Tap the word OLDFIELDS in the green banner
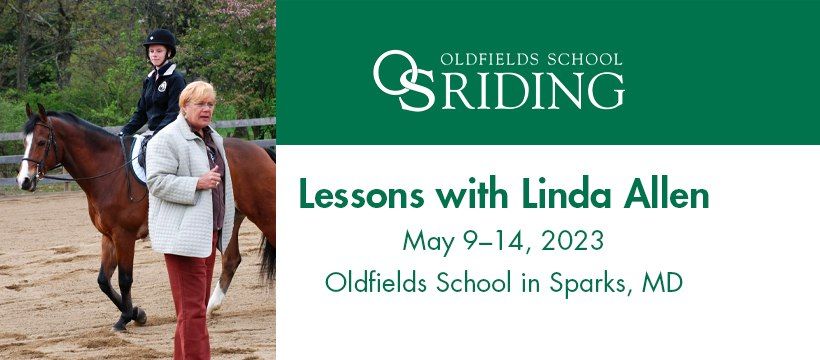click(x=493, y=58)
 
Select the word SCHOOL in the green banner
click(x=584, y=58)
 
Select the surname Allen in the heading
click(x=663, y=197)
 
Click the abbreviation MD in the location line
click(x=663, y=282)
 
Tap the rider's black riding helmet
click(x=160, y=40)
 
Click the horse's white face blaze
click(x=25, y=160)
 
